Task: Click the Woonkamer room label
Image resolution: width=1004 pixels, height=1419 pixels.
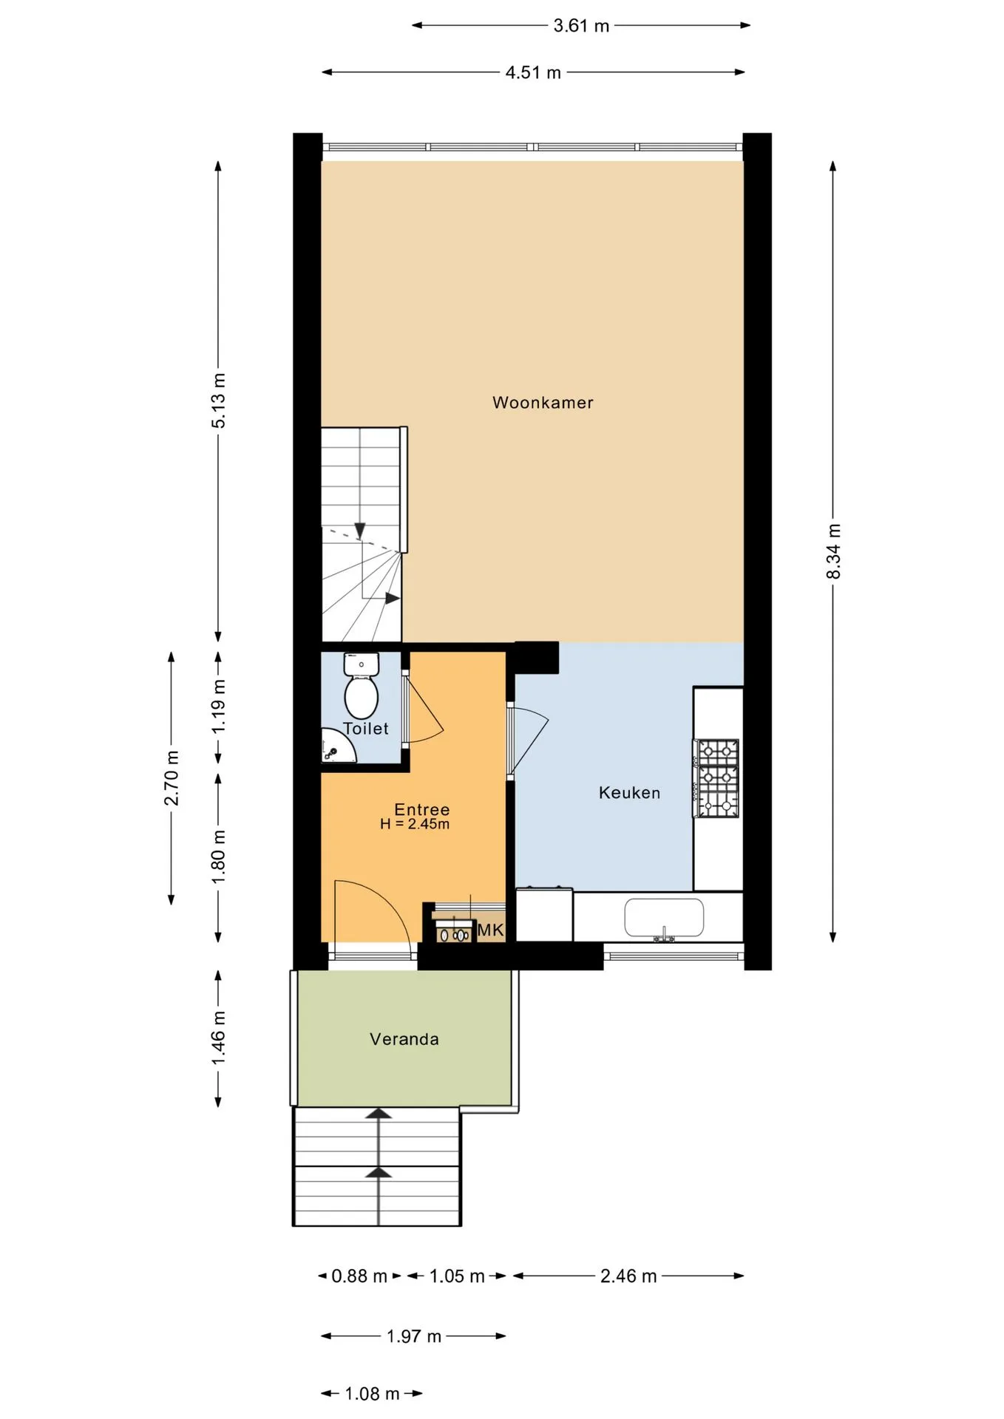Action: [543, 403]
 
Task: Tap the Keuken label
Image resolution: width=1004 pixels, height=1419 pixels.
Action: [629, 793]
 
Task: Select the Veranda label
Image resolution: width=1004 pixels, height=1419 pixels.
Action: [404, 1039]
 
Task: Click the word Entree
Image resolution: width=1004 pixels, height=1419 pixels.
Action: [421, 809]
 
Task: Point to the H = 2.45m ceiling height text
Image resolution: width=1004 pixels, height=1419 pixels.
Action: [415, 824]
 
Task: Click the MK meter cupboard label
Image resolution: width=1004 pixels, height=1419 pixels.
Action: [490, 930]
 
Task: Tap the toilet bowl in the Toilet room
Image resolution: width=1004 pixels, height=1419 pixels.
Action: [362, 697]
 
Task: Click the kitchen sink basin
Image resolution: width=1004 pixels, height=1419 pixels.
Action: [664, 917]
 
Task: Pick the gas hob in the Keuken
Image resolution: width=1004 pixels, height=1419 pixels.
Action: [716, 778]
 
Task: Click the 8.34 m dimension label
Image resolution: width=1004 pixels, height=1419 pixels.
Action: [833, 551]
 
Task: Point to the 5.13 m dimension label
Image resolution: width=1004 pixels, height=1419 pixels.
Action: [218, 401]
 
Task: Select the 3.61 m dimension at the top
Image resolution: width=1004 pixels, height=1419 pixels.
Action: [581, 26]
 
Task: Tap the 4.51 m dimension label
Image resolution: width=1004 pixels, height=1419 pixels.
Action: [533, 72]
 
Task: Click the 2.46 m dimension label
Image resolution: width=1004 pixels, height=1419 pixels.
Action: [628, 1276]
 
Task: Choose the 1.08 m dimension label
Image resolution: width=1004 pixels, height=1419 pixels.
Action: [372, 1394]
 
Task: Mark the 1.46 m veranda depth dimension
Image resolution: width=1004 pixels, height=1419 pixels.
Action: [218, 1039]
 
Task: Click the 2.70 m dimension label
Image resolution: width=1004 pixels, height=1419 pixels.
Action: [172, 777]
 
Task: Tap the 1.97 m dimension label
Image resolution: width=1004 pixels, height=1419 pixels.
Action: [414, 1336]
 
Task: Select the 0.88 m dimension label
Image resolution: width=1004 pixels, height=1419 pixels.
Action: [359, 1276]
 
